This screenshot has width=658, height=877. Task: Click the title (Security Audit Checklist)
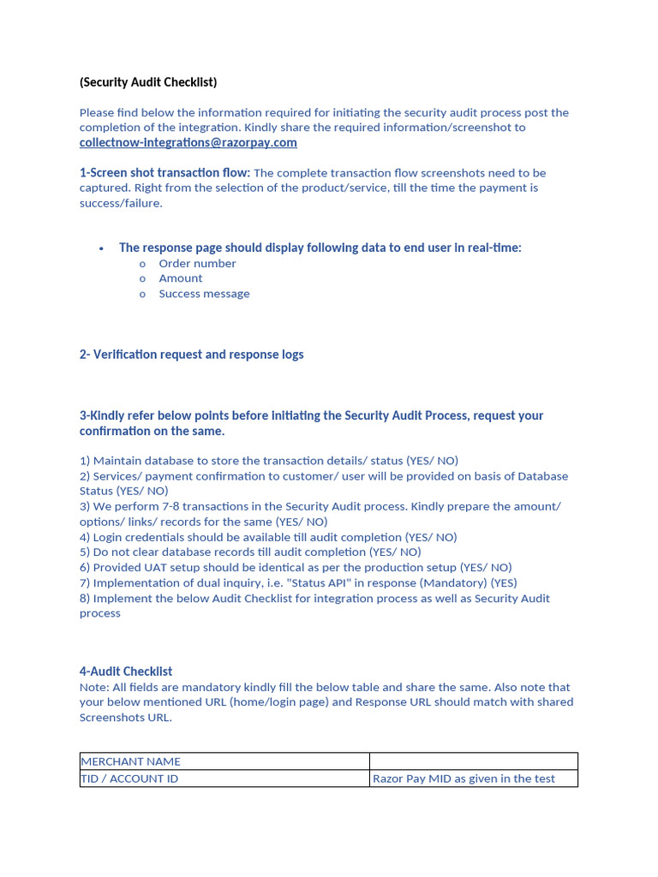pos(148,82)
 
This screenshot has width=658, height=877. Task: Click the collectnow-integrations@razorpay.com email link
pos(188,142)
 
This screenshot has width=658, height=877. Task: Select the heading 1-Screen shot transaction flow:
pos(164,173)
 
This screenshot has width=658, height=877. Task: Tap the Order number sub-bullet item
pos(197,264)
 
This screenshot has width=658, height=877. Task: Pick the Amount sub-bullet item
pos(181,278)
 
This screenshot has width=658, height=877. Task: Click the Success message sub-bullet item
pos(204,294)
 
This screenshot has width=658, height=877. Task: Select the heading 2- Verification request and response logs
pos(191,355)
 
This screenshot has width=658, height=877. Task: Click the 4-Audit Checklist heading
pos(126,671)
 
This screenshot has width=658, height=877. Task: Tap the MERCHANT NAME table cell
pos(130,761)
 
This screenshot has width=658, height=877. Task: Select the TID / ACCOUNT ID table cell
pos(129,779)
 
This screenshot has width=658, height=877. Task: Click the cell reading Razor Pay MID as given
pos(464,779)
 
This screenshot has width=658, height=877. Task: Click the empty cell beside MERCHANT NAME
pos(473,761)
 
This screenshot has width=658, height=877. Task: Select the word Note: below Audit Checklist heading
pos(94,687)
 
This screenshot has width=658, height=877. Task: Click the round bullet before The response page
pos(101,248)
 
